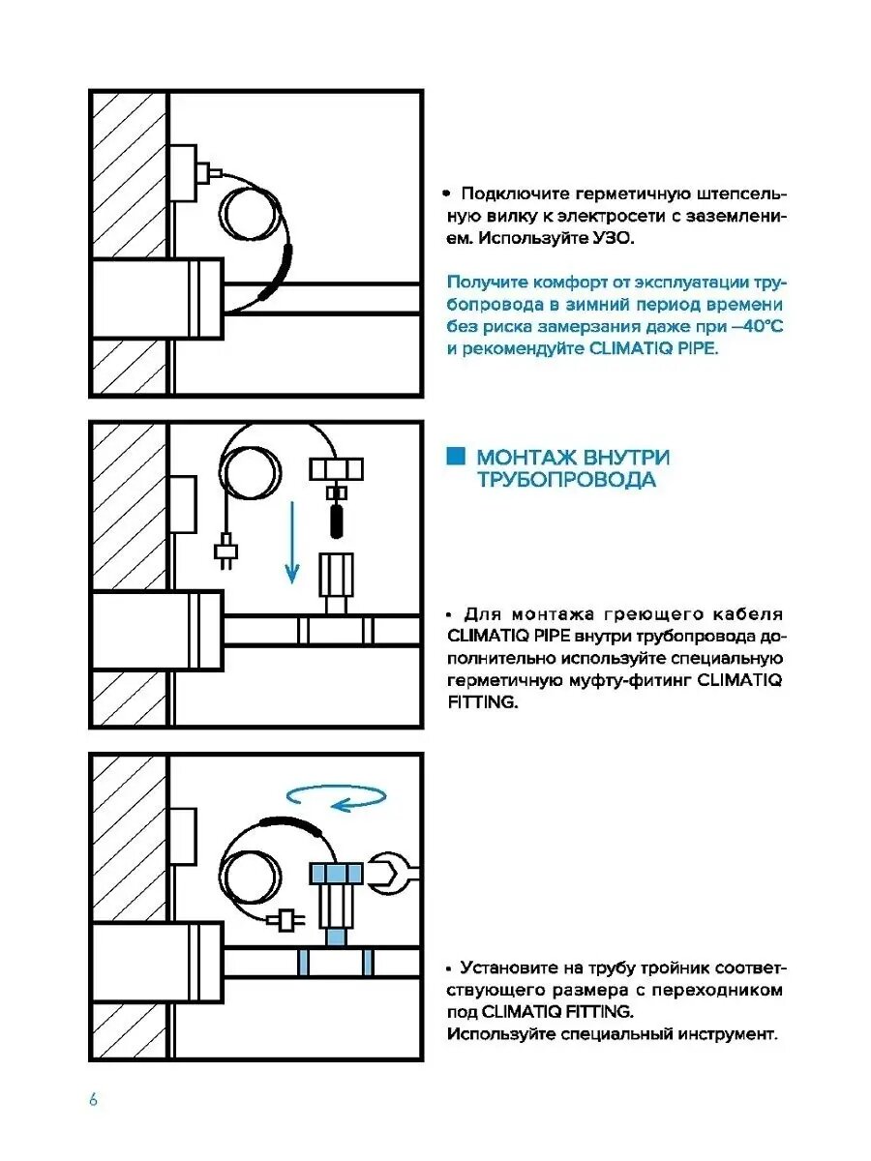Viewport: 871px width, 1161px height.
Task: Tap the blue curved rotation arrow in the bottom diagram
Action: (337, 797)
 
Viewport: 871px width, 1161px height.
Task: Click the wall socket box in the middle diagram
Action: (183, 505)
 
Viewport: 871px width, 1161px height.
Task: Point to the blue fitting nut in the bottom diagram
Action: (335, 873)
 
